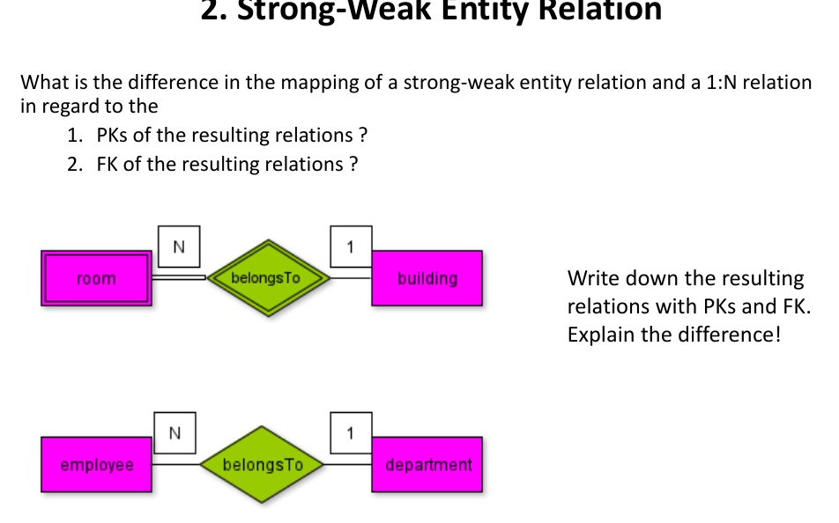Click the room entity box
click(96, 278)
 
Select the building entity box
click(427, 278)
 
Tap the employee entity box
click(96, 464)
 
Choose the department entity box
click(427, 464)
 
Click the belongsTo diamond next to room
click(266, 278)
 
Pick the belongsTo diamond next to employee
click(263, 464)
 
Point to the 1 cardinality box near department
click(351, 432)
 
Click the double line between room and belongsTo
click(178, 277)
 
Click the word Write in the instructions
click(593, 279)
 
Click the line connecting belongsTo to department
click(350, 464)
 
